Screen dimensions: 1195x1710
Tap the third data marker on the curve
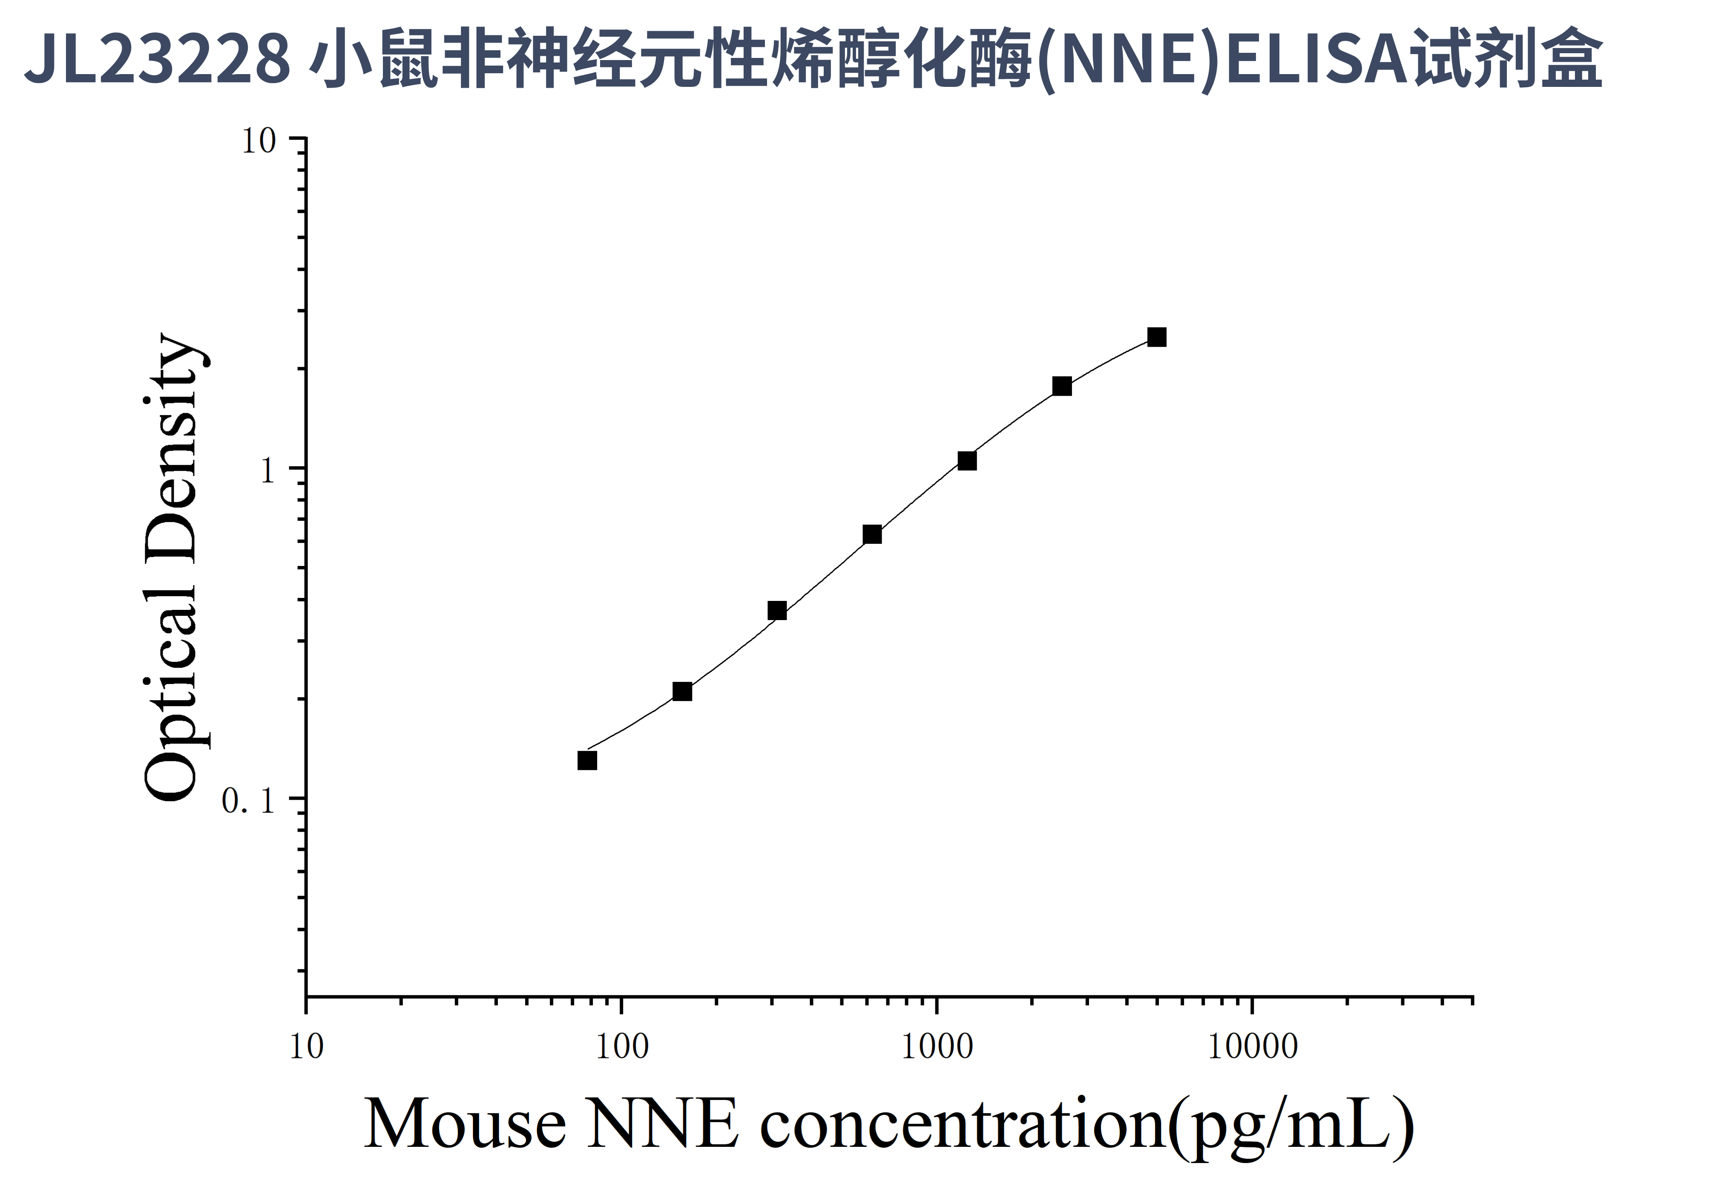coord(777,611)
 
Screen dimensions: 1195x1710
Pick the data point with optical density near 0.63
coord(872,534)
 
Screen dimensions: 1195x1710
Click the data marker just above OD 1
coord(967,461)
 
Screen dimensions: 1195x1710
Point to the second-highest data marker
coord(1062,386)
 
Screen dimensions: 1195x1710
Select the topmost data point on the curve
coord(1157,337)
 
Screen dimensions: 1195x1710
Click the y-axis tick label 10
coord(259,141)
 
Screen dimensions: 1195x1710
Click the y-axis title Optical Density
coord(171,566)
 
